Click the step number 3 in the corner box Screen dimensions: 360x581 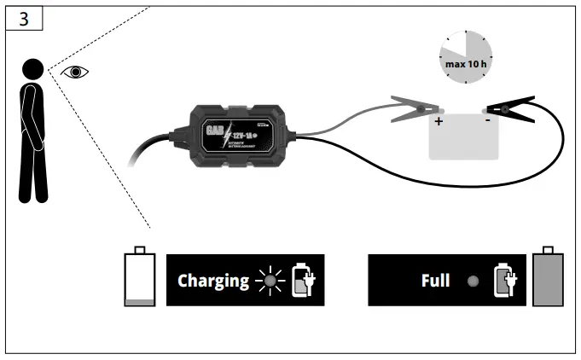pos(23,19)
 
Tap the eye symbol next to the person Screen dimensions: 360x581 pos(75,72)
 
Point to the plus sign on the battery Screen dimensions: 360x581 pos(439,122)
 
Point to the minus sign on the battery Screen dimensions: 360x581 pos(487,122)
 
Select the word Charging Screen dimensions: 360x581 pos(213,280)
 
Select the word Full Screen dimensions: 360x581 pos(435,280)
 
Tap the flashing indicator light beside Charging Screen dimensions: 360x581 pos(271,280)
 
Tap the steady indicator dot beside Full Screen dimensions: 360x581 pos(474,280)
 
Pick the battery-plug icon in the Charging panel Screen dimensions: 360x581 pos(303,280)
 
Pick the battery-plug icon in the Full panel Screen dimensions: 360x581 pos(505,280)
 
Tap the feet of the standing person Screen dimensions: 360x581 pos(35,198)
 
